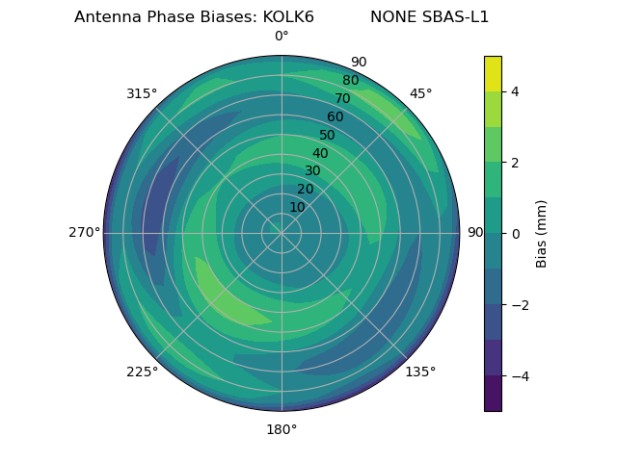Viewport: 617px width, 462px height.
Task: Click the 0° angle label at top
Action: click(282, 37)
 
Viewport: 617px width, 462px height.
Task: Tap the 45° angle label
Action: click(420, 93)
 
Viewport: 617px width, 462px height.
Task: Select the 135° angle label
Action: click(420, 372)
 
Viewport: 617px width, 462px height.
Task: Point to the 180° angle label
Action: click(282, 429)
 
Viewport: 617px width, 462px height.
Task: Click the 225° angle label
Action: click(142, 372)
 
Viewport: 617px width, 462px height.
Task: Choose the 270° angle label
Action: click(84, 233)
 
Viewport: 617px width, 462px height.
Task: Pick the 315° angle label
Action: click(142, 93)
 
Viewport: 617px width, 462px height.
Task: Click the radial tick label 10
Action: click(297, 207)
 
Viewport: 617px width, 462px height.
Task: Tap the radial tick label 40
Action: click(320, 154)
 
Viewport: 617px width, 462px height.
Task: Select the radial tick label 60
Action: click(335, 117)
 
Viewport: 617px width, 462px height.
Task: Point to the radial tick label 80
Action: click(351, 81)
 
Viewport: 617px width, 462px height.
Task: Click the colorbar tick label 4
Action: click(515, 91)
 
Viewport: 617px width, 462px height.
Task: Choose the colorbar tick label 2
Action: click(515, 163)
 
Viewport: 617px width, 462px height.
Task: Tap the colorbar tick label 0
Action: click(515, 234)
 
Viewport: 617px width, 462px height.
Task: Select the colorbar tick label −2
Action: click(518, 305)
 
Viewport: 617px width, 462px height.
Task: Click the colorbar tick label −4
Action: click(518, 376)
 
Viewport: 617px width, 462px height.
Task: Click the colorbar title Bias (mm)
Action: click(542, 233)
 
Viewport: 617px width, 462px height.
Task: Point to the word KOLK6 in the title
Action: click(281, 17)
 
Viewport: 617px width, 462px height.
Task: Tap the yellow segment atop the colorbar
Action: click(493, 73)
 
